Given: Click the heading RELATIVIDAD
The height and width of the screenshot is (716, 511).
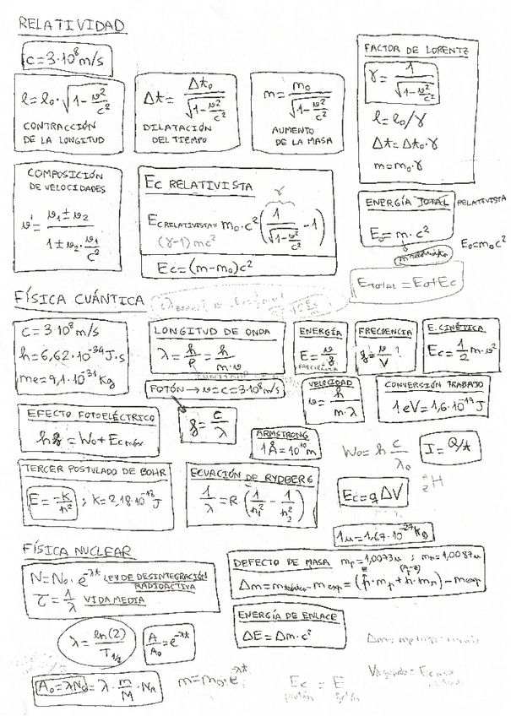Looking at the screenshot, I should point(72,26).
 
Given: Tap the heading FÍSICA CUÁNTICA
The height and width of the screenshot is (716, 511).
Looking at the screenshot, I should point(79,298).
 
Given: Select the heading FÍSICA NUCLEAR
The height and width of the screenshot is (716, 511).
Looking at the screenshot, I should point(77,551).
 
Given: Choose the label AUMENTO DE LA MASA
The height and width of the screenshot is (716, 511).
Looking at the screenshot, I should point(302,137).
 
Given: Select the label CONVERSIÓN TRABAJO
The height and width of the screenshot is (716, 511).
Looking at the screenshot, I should point(434,384).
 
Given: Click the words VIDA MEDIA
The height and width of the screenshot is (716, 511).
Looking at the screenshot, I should point(112,599).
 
